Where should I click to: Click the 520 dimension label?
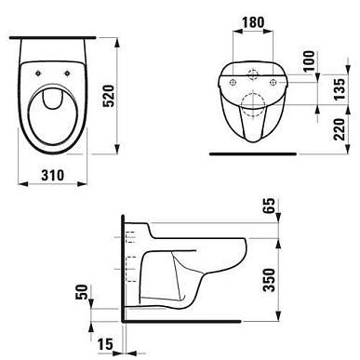click(109, 96)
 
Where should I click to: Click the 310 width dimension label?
click(53, 175)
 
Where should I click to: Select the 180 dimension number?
click(253, 22)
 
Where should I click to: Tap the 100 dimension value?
click(309, 61)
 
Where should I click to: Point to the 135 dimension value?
click(340, 89)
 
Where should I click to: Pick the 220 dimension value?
click(340, 129)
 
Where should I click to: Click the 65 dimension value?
click(269, 206)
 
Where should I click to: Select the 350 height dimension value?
click(269, 280)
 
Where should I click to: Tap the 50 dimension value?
click(82, 292)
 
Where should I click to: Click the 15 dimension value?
click(105, 344)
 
